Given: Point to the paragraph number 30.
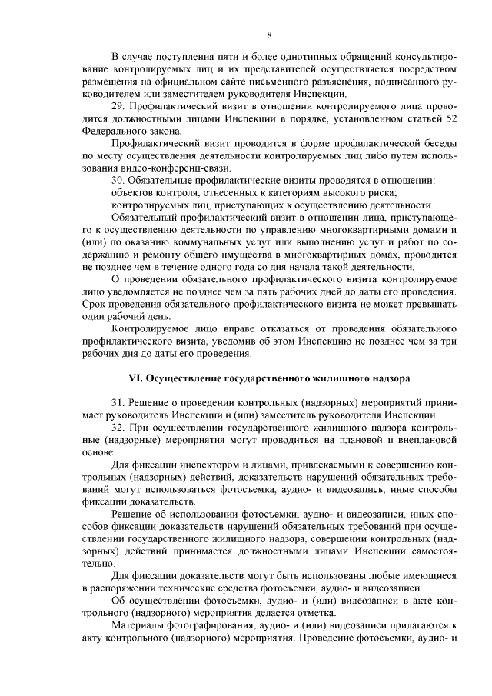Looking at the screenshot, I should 118,181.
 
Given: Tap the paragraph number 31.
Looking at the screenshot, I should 118,402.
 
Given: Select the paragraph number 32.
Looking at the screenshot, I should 118,428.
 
